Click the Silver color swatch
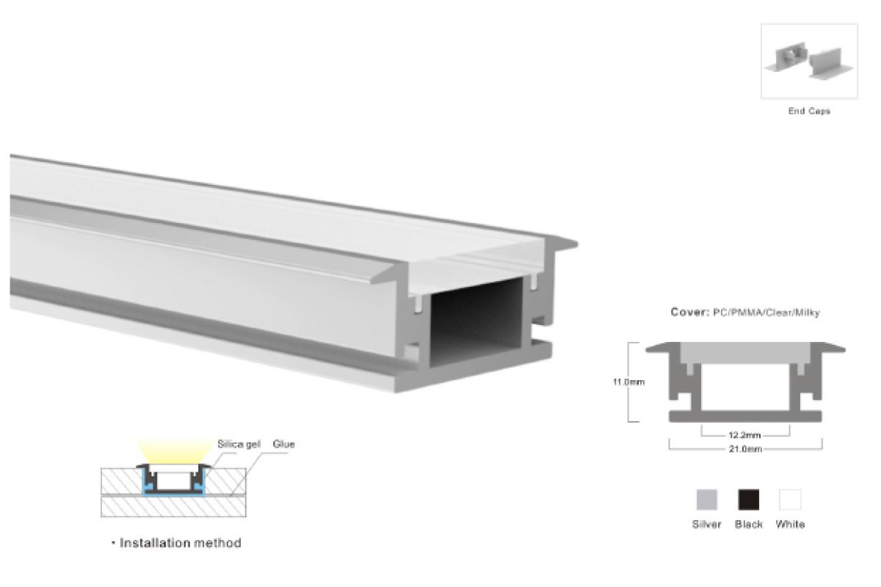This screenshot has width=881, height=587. click(706, 500)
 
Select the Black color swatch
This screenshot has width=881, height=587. click(748, 500)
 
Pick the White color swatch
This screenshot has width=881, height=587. click(790, 500)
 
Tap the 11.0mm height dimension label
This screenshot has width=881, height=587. click(628, 382)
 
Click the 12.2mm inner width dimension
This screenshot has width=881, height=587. click(744, 435)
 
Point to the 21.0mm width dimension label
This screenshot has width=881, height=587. click(745, 448)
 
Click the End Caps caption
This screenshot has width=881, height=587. click(809, 112)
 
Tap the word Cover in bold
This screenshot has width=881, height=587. click(690, 312)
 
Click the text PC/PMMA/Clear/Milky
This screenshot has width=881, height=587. click(766, 313)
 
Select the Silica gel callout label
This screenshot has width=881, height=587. click(239, 444)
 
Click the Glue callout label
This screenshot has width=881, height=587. click(283, 444)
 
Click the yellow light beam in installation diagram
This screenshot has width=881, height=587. click(174, 452)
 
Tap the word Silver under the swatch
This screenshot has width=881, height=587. click(706, 524)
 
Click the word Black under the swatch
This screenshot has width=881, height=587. click(748, 524)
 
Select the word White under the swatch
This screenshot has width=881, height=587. click(790, 524)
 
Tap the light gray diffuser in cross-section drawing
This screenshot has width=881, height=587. click(745, 353)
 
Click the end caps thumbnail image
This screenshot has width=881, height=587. click(809, 62)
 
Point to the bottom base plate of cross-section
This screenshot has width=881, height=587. click(745, 416)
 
